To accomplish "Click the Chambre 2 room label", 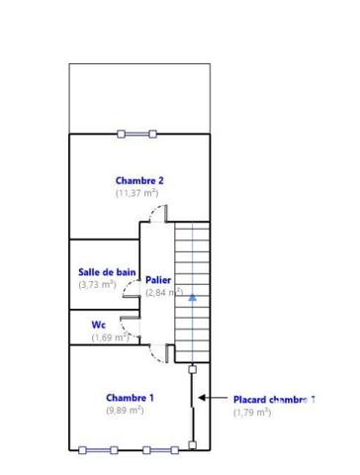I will tap(138, 180).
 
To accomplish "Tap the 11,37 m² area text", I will tap(136, 193).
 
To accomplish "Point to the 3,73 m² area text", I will tap(97, 284).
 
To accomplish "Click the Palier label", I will tap(159, 280).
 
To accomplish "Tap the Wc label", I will tap(99, 324).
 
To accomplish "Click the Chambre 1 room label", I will tap(130, 398).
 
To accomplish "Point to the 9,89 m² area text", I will tap(126, 410).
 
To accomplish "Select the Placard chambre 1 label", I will tap(274, 400).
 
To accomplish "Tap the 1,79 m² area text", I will tap(252, 413).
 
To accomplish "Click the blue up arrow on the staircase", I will tap(192, 295).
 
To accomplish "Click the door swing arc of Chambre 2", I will tap(165, 215).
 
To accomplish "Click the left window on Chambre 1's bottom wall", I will tap(100, 449).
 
